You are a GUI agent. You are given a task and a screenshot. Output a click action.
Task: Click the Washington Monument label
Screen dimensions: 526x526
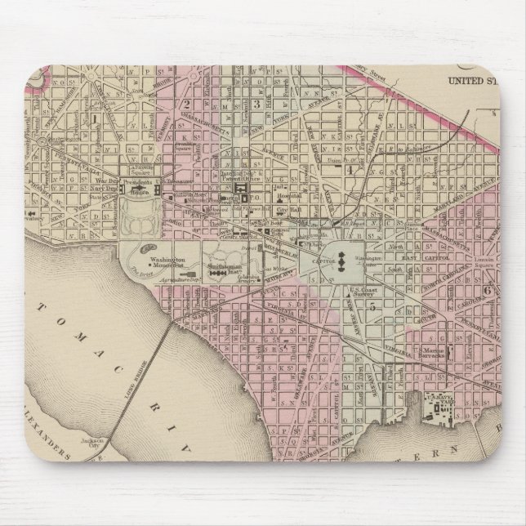(167, 264)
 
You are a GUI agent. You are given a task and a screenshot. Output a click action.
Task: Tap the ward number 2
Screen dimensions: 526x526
(187, 104)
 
